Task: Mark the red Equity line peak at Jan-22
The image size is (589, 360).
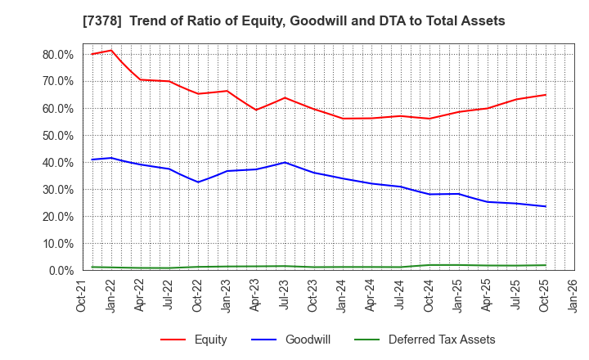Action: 112,50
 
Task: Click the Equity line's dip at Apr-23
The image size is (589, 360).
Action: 256,110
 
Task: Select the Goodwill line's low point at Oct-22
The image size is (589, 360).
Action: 198,182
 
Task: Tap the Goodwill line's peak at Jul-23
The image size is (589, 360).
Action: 285,162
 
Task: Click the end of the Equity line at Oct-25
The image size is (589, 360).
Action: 546,95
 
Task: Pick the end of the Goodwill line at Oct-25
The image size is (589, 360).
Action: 546,206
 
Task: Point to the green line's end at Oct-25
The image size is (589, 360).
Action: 546,265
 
